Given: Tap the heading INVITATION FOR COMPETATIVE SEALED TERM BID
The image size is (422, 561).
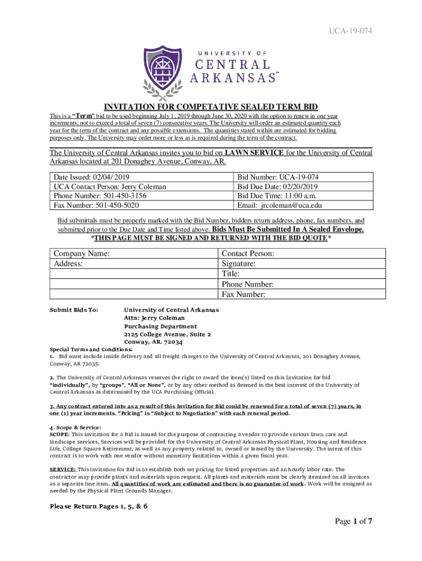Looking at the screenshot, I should [211, 107].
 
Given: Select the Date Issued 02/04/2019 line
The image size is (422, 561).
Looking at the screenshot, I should [92, 177].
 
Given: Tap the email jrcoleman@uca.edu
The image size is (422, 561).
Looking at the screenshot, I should [291, 205].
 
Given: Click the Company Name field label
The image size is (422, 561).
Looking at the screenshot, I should [81, 254].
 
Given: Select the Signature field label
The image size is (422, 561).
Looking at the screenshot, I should [238, 264].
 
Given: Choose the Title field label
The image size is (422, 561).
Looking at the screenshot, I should [231, 274].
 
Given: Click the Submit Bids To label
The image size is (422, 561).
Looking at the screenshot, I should [74, 310].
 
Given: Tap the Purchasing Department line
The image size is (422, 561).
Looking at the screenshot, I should [158, 326].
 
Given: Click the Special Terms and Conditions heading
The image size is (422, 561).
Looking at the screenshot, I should [91, 350].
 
